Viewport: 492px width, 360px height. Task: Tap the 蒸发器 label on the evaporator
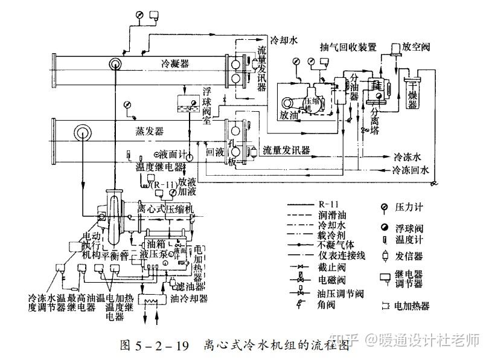149,131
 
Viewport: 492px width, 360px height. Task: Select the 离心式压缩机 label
163,209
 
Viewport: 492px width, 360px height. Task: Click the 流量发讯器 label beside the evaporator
286,150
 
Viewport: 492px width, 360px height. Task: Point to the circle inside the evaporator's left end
81,132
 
